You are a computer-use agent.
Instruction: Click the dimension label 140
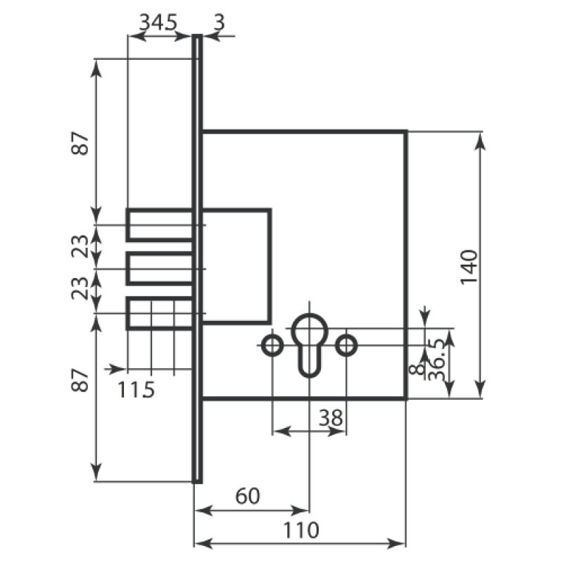tap(469, 267)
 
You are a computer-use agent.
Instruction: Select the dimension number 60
tap(247, 496)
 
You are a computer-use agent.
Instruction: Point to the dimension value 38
tap(331, 418)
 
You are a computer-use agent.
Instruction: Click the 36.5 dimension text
tap(437, 360)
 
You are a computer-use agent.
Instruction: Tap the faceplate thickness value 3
tap(218, 22)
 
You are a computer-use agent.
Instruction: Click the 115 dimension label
tap(135, 388)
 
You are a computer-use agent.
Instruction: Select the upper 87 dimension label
tap(82, 144)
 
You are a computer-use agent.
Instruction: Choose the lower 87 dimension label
tap(82, 381)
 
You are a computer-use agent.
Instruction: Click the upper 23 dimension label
tap(82, 246)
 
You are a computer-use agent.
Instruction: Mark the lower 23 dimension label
tap(82, 289)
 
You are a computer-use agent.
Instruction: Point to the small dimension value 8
tap(419, 367)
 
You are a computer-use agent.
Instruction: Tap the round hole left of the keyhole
tap(272, 346)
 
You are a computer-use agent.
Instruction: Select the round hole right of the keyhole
tap(346, 346)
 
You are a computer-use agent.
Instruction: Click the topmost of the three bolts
tap(160, 224)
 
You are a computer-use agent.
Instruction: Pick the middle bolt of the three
tap(160, 269)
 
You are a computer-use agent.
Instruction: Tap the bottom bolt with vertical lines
tap(160, 313)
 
